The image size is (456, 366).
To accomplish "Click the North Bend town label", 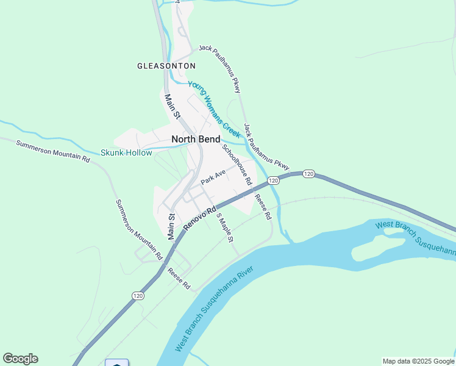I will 196,139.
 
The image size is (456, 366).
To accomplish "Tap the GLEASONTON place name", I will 166,66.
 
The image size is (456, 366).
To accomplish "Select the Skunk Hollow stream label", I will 126,153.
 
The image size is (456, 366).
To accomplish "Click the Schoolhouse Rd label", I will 237,164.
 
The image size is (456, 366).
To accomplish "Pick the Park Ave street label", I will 213,178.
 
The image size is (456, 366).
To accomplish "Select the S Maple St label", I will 225,229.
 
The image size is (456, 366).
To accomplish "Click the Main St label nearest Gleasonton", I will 173,106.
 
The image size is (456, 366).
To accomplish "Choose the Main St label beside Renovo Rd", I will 171,225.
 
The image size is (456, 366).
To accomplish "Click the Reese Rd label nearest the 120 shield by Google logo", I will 179,279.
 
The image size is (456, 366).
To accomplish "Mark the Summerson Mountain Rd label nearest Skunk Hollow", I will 53,151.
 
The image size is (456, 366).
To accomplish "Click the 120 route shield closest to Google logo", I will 138,295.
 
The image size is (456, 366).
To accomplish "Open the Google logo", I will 20,359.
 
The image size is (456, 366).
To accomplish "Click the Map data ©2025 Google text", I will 418,361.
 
